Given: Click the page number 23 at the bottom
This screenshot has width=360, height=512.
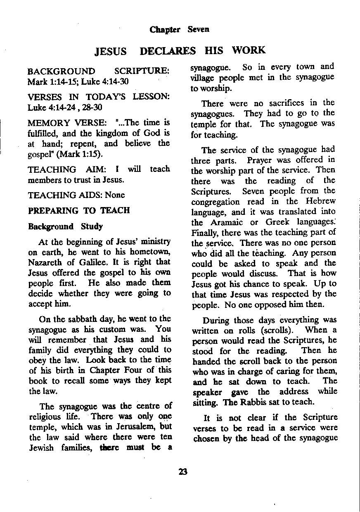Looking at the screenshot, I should [x=183, y=472].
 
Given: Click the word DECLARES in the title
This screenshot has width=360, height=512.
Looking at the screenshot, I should [x=168, y=51].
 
